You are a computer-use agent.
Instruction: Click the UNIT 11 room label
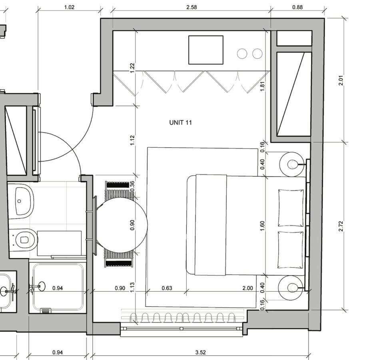(180, 122)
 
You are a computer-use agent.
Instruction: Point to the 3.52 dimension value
(200, 352)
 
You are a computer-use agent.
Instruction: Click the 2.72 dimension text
(341, 226)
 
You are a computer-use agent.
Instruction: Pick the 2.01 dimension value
(341, 80)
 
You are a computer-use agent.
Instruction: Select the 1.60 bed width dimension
(262, 226)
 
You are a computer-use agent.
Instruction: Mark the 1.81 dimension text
(262, 87)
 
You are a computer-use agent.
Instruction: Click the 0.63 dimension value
(167, 288)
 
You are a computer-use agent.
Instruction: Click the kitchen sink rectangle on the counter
(205, 50)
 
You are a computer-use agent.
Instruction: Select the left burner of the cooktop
(242, 54)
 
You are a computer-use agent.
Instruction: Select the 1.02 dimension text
(69, 7)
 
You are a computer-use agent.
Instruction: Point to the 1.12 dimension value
(132, 140)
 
